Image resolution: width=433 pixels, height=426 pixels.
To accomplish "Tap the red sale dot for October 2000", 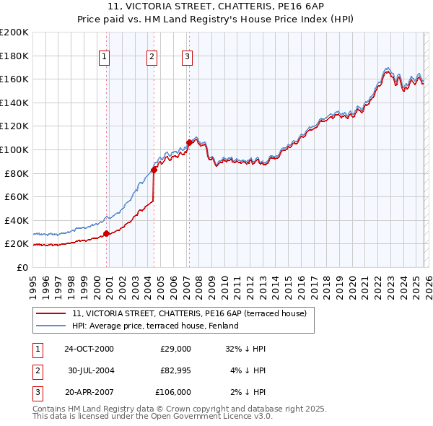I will click(x=106, y=233).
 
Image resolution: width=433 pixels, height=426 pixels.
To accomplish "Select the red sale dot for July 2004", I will click(x=154, y=170).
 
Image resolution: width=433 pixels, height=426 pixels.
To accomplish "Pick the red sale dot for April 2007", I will click(x=188, y=143).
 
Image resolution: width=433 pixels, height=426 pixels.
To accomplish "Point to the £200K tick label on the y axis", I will click(x=14, y=32).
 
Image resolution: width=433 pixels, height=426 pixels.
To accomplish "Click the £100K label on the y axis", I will click(x=14, y=149).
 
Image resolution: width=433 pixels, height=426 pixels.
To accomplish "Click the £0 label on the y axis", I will click(x=23, y=267).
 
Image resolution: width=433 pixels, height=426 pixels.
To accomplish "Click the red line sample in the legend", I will click(x=51, y=313).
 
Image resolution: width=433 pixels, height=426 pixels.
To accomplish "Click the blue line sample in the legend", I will click(x=51, y=326).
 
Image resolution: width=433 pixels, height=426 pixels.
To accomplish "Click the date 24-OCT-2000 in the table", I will click(x=89, y=349).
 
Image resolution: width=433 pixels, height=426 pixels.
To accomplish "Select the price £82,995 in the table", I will click(x=175, y=370).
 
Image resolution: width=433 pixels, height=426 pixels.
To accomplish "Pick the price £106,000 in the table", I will click(x=174, y=392).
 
